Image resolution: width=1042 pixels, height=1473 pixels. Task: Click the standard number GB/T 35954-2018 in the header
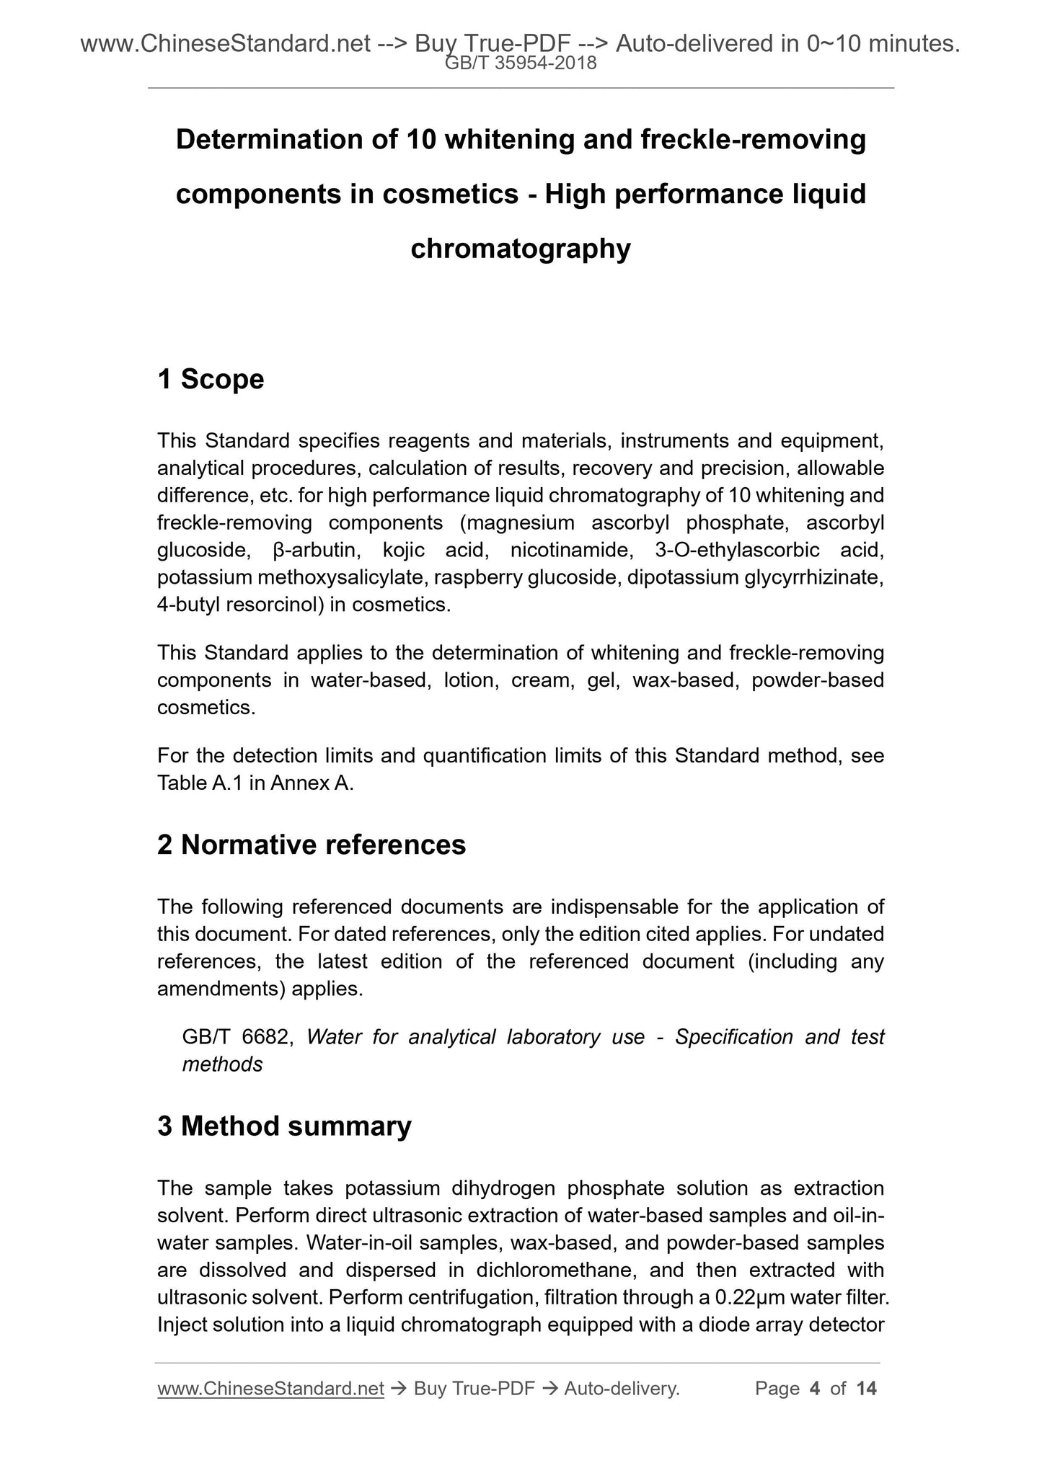click(521, 63)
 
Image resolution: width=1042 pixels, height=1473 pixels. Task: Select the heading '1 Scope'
click(211, 379)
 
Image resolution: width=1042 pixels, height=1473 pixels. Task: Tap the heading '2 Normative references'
click(312, 845)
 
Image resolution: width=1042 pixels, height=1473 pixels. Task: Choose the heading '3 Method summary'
click(284, 1126)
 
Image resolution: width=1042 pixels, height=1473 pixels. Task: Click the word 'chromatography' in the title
click(521, 249)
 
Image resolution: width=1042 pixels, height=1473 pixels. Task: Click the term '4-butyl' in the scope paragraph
click(188, 605)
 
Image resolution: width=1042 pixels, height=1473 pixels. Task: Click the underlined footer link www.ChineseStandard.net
click(270, 1389)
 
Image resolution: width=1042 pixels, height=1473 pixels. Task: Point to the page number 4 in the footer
click(815, 1389)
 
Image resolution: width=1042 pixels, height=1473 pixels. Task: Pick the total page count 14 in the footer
click(866, 1389)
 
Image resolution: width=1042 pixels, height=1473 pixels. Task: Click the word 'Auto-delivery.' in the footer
click(622, 1389)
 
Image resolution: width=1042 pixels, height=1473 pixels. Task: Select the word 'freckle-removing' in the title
click(753, 139)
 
